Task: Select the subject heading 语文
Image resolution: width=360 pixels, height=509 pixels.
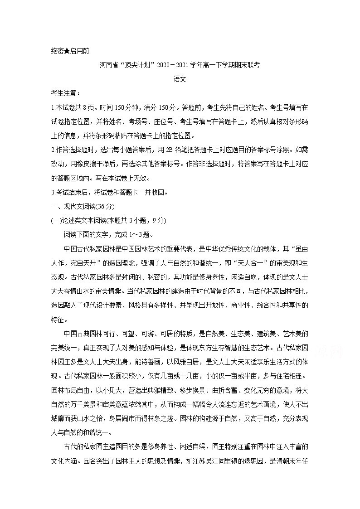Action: pos(180,78)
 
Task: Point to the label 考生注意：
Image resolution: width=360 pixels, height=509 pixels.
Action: pos(66,93)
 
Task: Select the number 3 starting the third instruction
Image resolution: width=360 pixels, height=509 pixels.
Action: pos(53,192)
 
